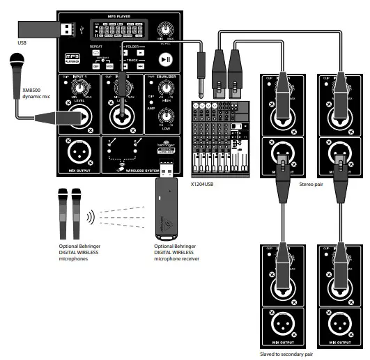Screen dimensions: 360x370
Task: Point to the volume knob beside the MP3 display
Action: (165, 29)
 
